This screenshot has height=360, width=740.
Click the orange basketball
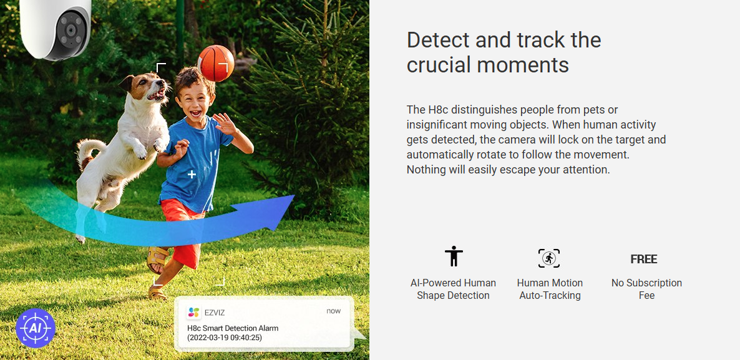[x=216, y=63]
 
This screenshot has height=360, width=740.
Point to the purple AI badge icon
[x=36, y=328]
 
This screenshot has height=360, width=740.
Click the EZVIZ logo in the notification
[x=193, y=312]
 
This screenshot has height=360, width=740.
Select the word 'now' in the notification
[x=333, y=311]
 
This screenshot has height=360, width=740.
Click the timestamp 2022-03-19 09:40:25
[x=225, y=338]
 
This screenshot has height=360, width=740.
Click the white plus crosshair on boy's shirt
[x=192, y=175]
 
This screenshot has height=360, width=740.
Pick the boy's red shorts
[x=181, y=231]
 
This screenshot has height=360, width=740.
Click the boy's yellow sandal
[x=157, y=260]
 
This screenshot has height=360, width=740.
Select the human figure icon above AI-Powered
[x=454, y=256]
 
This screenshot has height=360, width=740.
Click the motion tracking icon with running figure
[x=549, y=258]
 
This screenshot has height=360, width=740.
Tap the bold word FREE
[x=644, y=259]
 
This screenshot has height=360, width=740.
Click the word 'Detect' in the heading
[x=439, y=40]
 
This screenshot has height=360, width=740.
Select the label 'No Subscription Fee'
[x=646, y=289]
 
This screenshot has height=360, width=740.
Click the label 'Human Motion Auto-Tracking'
[x=550, y=289]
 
